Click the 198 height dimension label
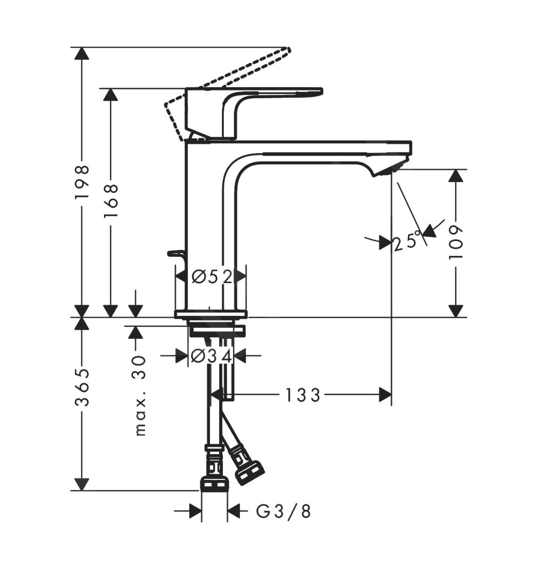pyautogui.click(x=82, y=182)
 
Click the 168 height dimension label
pyautogui.click(x=110, y=201)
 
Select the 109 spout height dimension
pyautogui.click(x=456, y=243)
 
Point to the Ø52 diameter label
pyautogui.click(x=212, y=277)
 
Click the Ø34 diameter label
pyautogui.click(x=211, y=356)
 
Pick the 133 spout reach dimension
pyautogui.click(x=303, y=395)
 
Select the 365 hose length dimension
pyautogui.click(x=82, y=387)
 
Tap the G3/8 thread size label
pyautogui.click(x=283, y=511)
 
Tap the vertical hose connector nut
pyautogui.click(x=214, y=483)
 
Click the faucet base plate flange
pyautogui.click(x=210, y=314)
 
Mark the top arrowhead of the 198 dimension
pyautogui.click(x=82, y=54)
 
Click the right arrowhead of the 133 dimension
pyautogui.click(x=385, y=395)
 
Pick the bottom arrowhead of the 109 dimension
pyautogui.click(x=456, y=311)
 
